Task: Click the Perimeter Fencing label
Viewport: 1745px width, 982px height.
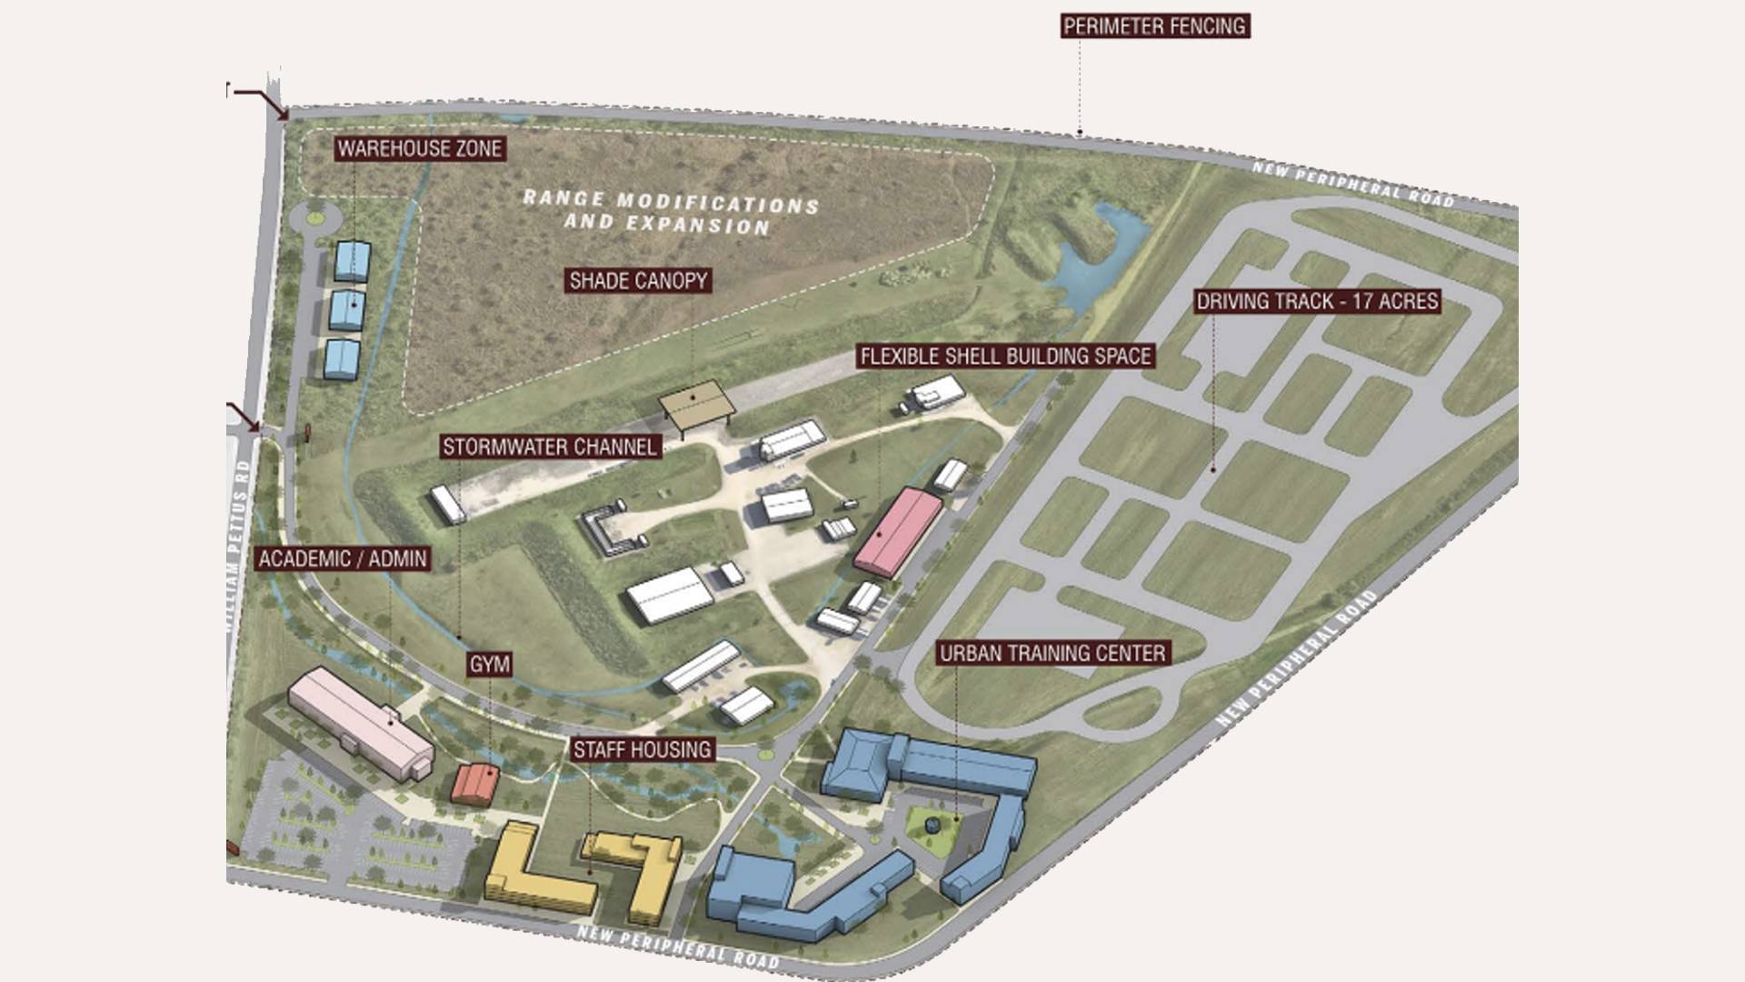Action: pos(1155,25)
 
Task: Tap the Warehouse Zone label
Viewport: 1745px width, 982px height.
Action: pos(420,148)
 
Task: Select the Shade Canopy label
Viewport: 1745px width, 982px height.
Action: pos(638,280)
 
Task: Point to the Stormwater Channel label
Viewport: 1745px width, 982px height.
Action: pos(550,446)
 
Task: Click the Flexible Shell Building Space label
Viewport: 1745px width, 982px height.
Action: pos(1005,356)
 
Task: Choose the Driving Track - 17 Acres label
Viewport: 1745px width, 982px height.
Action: pos(1317,301)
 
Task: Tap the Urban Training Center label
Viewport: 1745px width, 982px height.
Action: pos(1052,653)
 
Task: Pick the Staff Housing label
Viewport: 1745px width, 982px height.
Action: pos(642,749)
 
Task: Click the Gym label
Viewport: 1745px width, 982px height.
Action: pos(489,665)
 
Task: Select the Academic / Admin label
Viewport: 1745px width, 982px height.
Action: pos(343,558)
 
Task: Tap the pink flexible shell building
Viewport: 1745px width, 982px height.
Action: pos(898,531)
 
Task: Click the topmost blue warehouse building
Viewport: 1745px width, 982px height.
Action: pos(353,261)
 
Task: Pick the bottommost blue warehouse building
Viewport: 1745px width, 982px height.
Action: pos(342,359)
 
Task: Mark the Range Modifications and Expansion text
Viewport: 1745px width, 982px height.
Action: pos(670,212)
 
